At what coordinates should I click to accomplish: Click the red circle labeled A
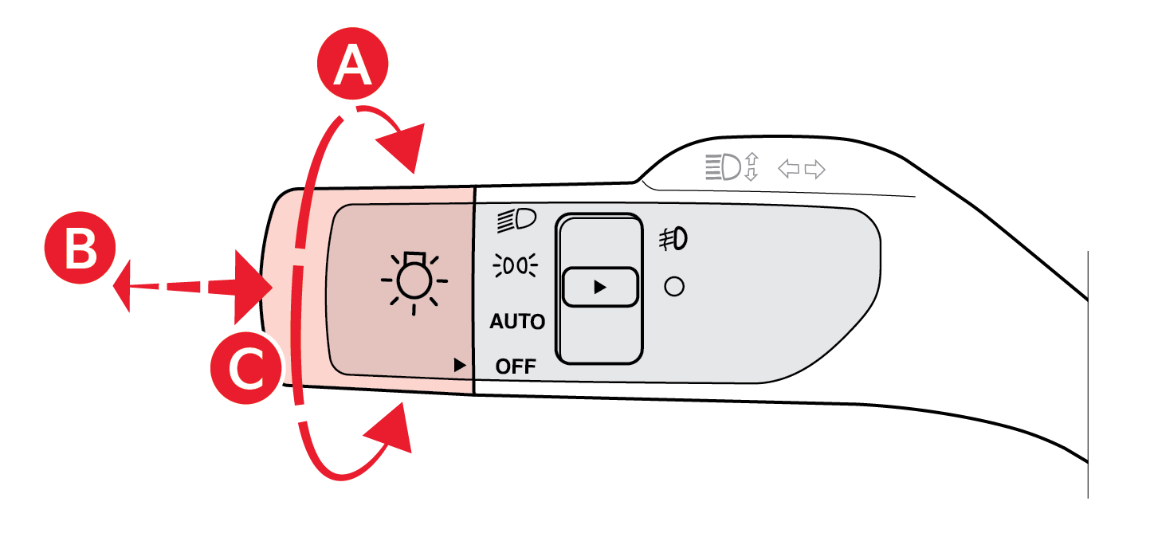pos(353,67)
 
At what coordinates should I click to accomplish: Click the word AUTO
pos(517,322)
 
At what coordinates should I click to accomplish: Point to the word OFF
pos(516,366)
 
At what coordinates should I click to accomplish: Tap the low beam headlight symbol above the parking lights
pos(516,220)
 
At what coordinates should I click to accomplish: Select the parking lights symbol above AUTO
pos(516,265)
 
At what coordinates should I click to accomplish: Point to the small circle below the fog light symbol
pos(674,286)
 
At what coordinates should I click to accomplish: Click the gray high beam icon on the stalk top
pos(722,167)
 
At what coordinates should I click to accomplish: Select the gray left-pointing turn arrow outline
pos(788,169)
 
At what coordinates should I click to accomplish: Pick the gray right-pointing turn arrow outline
pos(814,169)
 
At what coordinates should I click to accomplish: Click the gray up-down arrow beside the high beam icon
pos(751,167)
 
